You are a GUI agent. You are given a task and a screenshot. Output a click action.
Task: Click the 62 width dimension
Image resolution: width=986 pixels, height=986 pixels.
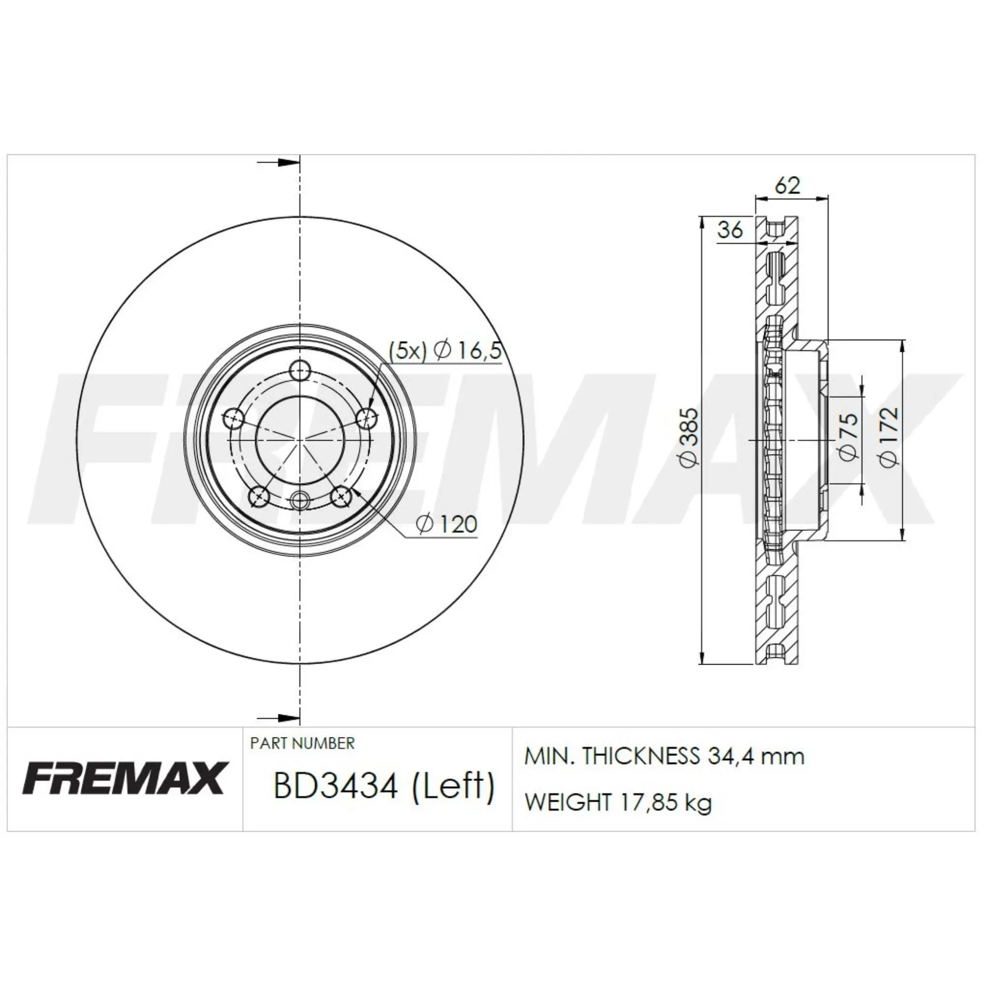(x=788, y=185)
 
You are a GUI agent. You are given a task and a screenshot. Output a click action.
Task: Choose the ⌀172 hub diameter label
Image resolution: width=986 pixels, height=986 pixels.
(x=888, y=437)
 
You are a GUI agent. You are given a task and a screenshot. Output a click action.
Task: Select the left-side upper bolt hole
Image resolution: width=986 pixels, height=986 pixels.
(x=234, y=419)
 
